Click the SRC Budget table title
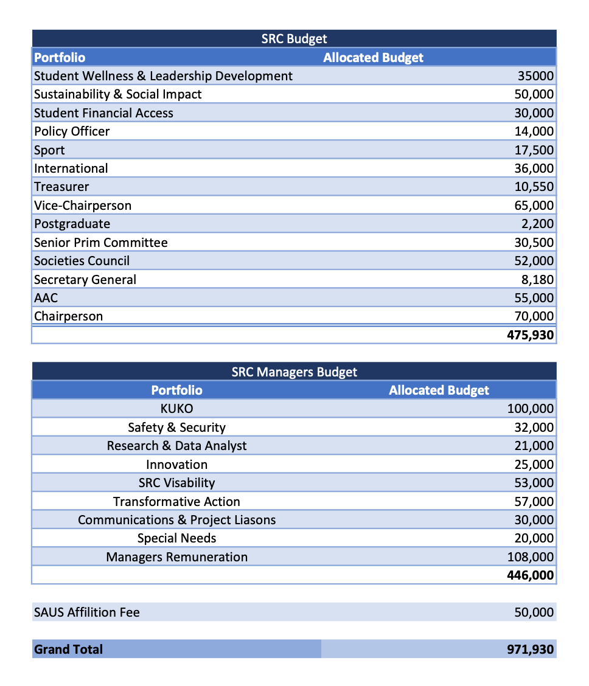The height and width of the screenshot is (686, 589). point(294,39)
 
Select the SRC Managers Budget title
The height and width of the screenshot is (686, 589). point(294,372)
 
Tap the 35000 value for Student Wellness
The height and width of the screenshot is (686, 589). point(535,76)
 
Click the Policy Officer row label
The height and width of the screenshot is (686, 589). point(72,131)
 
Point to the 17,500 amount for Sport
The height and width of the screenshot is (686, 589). point(534,150)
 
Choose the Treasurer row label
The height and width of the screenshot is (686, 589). point(61,187)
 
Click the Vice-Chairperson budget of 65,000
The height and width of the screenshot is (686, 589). point(534,206)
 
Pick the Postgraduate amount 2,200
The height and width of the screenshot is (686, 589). point(538,224)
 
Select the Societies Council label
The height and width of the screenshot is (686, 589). point(82,261)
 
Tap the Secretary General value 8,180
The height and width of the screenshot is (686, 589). point(538,280)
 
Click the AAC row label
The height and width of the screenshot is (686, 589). point(46,298)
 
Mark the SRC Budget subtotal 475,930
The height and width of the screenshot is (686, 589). point(530,335)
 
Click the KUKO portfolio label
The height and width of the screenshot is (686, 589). point(176,409)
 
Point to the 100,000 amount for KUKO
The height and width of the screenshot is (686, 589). point(531,409)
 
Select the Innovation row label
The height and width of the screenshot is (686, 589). point(176,465)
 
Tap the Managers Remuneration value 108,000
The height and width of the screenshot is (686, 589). point(531,557)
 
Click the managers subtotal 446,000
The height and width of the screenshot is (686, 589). point(530,575)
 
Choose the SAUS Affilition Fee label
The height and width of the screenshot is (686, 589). point(86,612)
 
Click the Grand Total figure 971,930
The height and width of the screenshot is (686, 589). point(530,650)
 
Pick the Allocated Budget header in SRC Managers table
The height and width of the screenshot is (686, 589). point(439,390)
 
